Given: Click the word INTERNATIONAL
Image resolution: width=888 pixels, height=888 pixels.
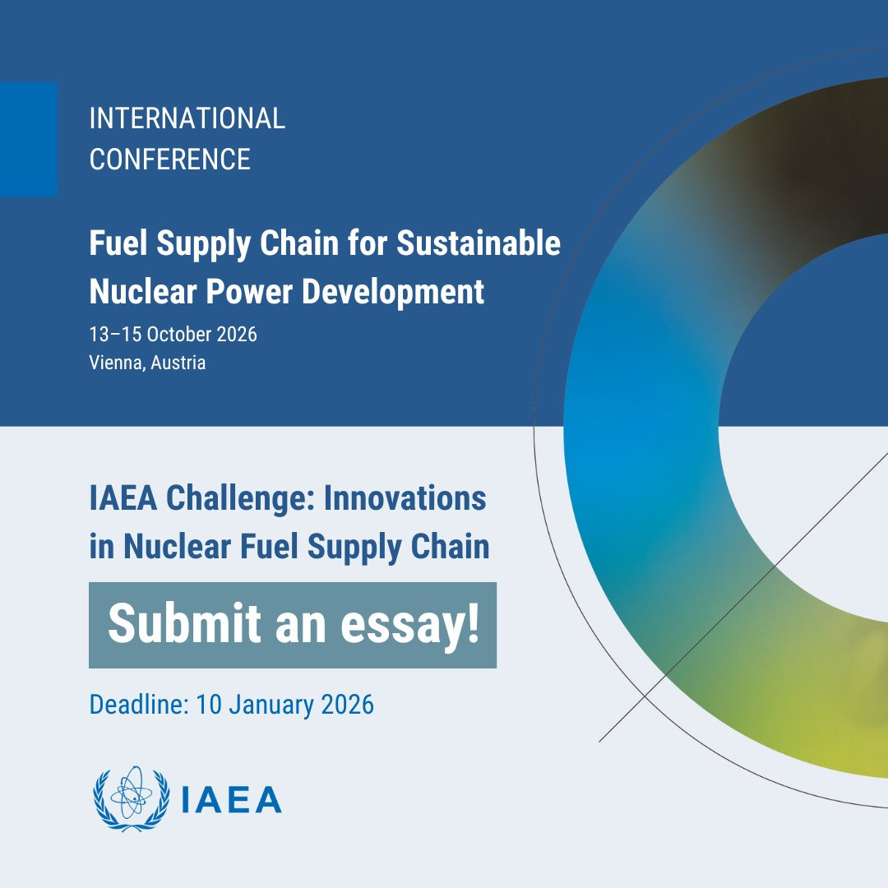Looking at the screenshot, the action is pyautogui.click(x=187, y=118).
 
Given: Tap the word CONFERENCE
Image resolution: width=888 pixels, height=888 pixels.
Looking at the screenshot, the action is pyautogui.click(x=170, y=160).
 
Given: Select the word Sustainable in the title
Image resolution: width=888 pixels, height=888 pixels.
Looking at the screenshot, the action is pyautogui.click(x=478, y=243).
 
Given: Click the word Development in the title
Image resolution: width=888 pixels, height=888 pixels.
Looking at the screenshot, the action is pyautogui.click(x=392, y=292).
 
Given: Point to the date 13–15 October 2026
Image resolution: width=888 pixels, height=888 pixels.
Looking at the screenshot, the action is pyautogui.click(x=173, y=334).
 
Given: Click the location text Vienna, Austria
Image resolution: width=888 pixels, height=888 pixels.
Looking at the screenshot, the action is pyautogui.click(x=147, y=363).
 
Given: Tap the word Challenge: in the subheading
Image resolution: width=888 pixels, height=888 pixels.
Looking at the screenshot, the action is pyautogui.click(x=240, y=498).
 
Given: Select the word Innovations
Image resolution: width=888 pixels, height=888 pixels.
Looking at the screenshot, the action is pyautogui.click(x=405, y=498).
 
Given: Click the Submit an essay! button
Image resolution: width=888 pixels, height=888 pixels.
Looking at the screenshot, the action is pyautogui.click(x=293, y=625).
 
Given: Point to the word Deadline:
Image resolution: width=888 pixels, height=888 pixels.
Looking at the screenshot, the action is pyautogui.click(x=139, y=705).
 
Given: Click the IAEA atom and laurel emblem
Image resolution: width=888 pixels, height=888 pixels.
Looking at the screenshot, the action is pyautogui.click(x=132, y=799).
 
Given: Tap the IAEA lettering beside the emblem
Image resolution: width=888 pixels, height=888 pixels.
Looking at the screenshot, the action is pyautogui.click(x=232, y=800).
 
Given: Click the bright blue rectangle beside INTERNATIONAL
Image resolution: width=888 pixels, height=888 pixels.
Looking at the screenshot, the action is pyautogui.click(x=29, y=139).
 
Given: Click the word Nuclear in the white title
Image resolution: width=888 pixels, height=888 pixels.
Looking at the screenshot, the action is pyautogui.click(x=143, y=292).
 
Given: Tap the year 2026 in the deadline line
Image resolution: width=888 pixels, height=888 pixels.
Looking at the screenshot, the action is pyautogui.click(x=347, y=705).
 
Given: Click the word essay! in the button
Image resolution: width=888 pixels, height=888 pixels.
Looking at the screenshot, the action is pyautogui.click(x=410, y=625).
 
